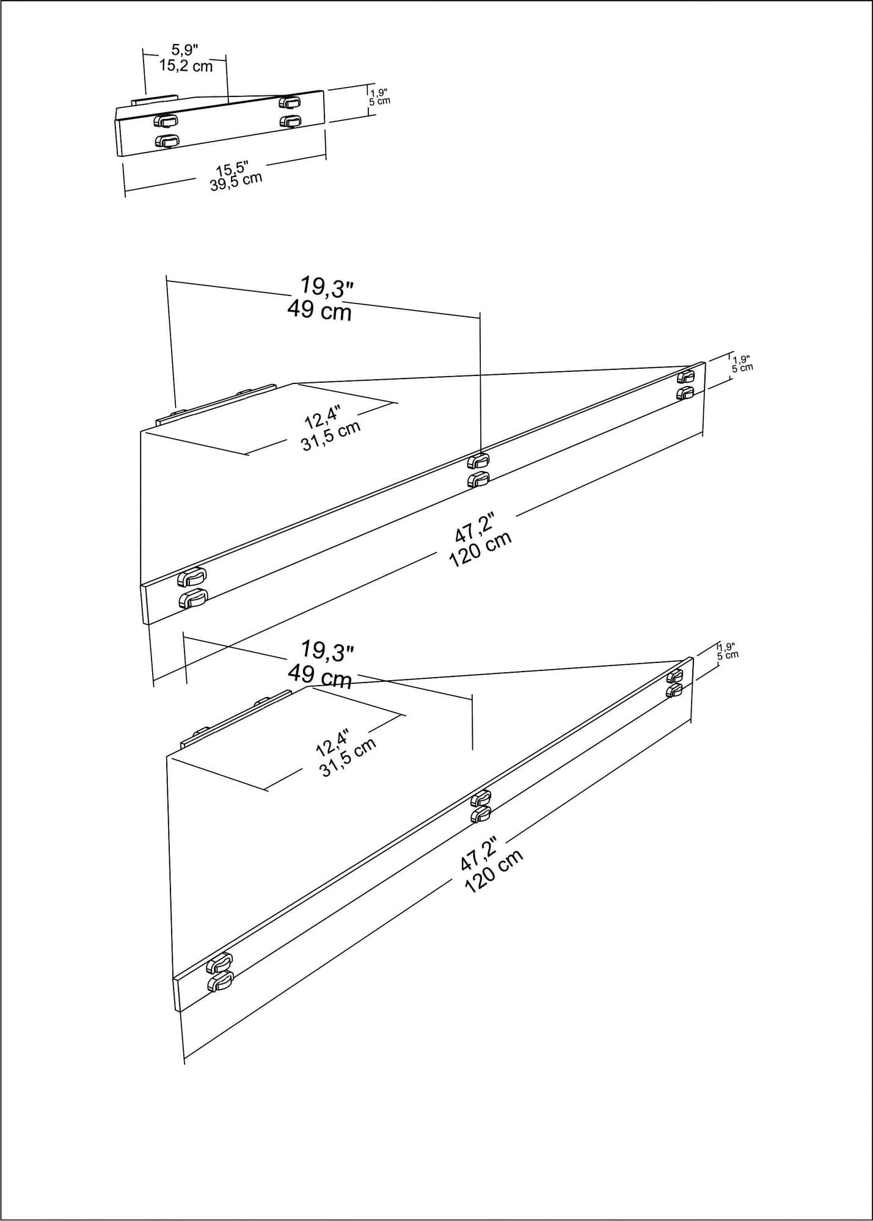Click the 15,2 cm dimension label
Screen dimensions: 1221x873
coord(186,66)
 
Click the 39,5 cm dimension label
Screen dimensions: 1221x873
coord(236,181)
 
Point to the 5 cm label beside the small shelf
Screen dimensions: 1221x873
coord(379,101)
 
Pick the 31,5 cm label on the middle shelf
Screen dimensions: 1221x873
coord(331,435)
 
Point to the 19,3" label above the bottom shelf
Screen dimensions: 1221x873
coord(327,651)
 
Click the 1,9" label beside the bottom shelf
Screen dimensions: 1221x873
coord(727,647)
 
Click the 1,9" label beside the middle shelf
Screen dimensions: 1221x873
coord(742,359)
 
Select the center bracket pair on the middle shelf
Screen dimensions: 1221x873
coord(478,470)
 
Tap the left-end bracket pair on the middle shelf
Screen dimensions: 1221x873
coord(192,588)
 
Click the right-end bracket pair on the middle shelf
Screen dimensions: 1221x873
coord(685,385)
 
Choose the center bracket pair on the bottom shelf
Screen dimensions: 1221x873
coord(481,806)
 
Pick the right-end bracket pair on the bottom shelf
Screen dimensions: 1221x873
coord(674,683)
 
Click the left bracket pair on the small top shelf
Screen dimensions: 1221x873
coord(166,130)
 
